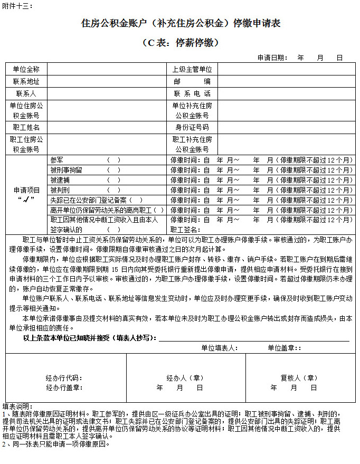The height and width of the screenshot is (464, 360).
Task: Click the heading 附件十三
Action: point(17,6)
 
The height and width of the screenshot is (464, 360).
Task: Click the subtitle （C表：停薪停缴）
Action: point(180,42)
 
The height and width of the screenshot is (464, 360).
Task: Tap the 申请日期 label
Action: point(272,58)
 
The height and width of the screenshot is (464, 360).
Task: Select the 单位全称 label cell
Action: point(26,69)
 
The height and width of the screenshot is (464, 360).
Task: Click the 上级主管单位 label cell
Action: point(192,69)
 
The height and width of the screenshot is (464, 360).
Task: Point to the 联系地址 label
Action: point(26,81)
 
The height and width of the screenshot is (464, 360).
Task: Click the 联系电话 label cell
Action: point(192,93)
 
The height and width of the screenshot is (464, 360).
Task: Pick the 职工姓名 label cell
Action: point(26,127)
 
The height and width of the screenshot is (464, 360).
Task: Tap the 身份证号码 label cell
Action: point(192,127)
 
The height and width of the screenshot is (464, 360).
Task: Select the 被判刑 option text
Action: point(59,190)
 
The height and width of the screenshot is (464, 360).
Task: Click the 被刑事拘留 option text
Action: point(66,170)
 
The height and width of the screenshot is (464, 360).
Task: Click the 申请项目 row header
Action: point(26,194)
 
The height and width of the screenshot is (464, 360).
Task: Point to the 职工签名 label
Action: point(185,230)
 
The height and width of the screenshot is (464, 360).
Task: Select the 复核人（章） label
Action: point(299,378)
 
